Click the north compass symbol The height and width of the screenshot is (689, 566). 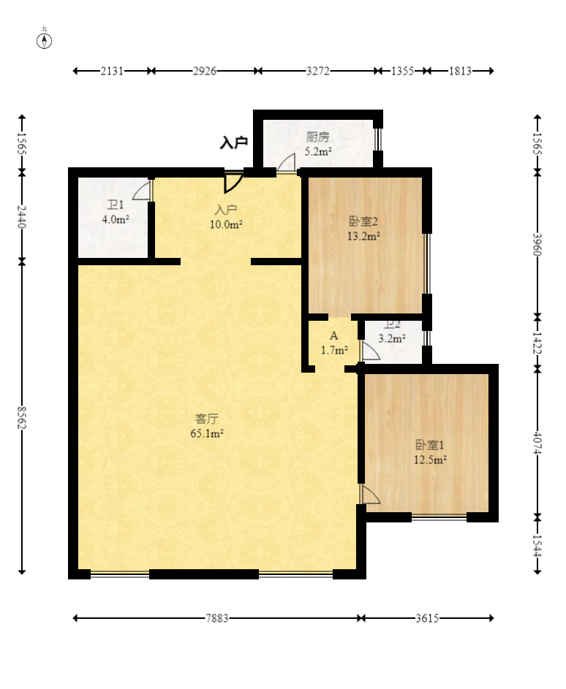pos(44,40)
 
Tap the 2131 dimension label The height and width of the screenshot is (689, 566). pos(112,71)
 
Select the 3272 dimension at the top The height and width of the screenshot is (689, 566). pos(318,71)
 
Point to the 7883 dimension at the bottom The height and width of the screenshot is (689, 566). pos(217,618)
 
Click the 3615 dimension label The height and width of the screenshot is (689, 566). pos(427,618)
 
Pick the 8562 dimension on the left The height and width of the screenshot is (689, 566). pos(22,418)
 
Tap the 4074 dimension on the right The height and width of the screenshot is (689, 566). pos(537,443)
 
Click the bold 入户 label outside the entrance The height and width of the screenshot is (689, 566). pos(234,142)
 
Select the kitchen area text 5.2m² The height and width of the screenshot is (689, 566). pos(318,151)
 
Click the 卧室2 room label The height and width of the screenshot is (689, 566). pos(363,221)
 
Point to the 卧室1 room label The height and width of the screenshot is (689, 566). pos(430,445)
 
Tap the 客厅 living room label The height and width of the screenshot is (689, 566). pos(207,419)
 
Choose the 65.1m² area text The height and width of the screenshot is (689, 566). pos(207,434)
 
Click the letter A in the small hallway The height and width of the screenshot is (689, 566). pos(334,335)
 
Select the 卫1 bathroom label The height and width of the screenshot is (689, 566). pos(116,205)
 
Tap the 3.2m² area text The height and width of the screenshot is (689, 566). pos(392,339)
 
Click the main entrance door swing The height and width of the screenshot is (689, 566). pos(233,182)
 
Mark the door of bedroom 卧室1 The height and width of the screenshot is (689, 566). pos(369,494)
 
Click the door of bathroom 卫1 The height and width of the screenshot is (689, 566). pos(142,190)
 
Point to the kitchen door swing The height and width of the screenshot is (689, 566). pos(286,164)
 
